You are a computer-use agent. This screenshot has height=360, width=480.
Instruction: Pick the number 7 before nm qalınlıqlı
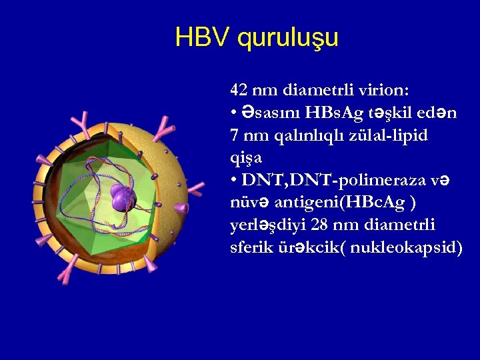[x=234, y=136]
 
